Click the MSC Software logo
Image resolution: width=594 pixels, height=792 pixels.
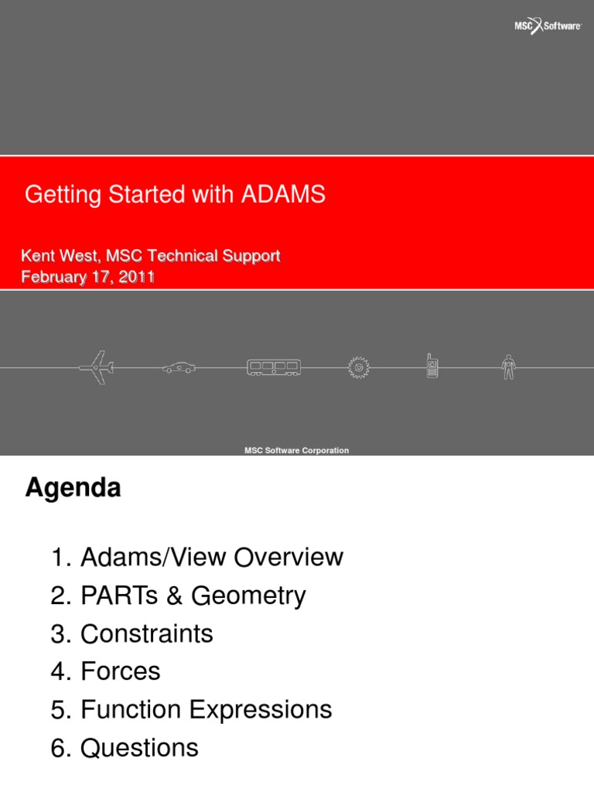[548, 26]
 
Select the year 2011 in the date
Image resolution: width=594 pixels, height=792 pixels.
[136, 277]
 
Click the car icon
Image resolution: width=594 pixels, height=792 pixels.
[179, 368]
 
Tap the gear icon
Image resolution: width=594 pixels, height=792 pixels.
[358, 367]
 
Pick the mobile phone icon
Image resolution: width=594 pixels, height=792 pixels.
[432, 366]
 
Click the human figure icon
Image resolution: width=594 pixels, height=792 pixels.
[507, 367]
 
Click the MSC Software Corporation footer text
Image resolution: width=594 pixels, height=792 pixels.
[297, 450]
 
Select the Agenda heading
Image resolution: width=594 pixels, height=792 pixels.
[73, 488]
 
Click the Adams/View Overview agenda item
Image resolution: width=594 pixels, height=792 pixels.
[211, 557]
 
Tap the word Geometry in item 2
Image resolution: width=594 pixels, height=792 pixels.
[248, 596]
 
